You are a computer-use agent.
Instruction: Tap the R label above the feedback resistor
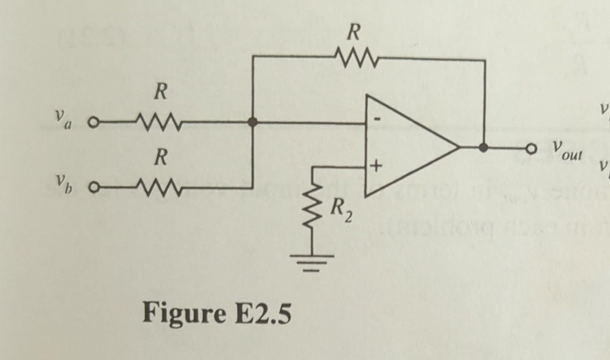pyautogui.click(x=353, y=33)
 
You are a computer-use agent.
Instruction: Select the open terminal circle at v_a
pyautogui.click(x=92, y=122)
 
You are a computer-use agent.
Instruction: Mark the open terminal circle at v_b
pyautogui.click(x=92, y=187)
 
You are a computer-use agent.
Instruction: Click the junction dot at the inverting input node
pyautogui.click(x=252, y=123)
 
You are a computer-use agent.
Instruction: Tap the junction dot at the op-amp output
pyautogui.click(x=483, y=148)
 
